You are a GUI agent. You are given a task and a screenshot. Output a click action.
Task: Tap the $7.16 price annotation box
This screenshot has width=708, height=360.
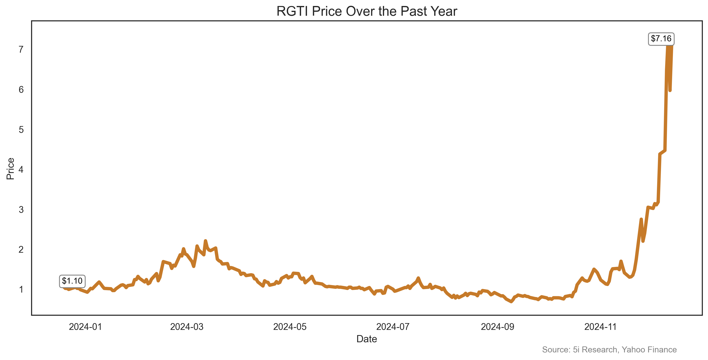pyautogui.click(x=661, y=38)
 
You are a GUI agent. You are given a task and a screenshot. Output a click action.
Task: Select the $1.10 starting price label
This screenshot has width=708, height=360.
pyautogui.click(x=72, y=281)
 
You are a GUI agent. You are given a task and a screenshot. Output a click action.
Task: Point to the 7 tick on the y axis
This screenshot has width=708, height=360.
pyautogui.click(x=21, y=49)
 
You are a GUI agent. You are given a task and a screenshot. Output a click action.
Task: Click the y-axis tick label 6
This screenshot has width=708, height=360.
pyautogui.click(x=21, y=90)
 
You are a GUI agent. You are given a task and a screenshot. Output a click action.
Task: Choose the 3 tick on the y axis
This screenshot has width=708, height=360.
pyautogui.click(x=21, y=210)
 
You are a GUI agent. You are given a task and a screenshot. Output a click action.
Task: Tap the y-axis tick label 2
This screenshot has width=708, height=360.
pyautogui.click(x=21, y=250)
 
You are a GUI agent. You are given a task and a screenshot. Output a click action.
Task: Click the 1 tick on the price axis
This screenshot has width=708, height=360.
pyautogui.click(x=21, y=289)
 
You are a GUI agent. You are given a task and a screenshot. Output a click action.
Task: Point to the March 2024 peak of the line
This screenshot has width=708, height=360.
pyautogui.click(x=205, y=241)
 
